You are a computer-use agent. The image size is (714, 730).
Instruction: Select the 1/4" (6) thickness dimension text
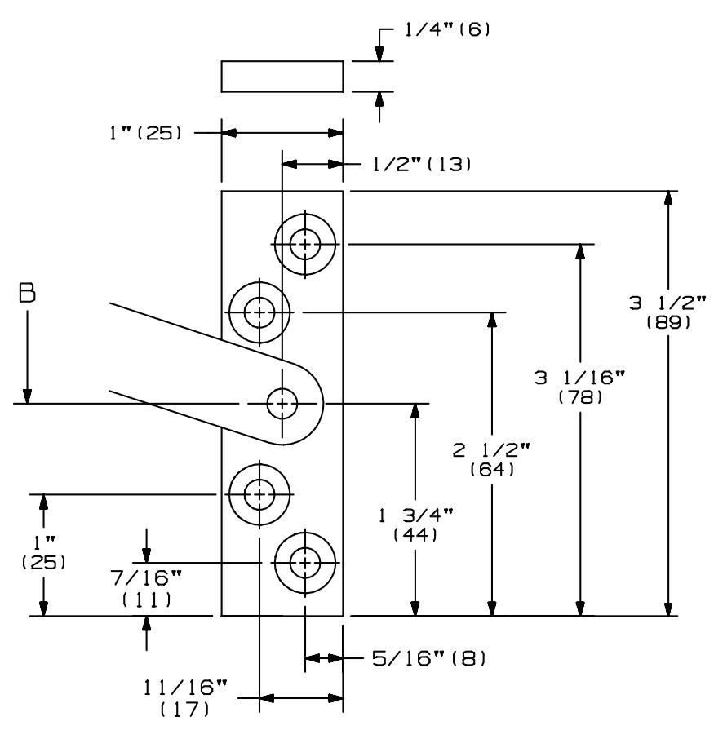point(447,30)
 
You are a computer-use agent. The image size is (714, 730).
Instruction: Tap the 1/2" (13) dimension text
point(422,164)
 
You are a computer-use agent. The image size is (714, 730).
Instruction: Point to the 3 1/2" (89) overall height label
point(667,312)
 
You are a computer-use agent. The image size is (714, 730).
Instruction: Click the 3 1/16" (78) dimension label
point(580,387)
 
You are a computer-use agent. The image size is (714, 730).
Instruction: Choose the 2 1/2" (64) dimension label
point(492,459)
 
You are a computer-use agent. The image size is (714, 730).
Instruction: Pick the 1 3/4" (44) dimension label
point(415,524)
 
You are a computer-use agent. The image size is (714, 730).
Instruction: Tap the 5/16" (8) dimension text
point(428,658)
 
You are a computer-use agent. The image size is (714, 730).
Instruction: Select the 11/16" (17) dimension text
point(185,698)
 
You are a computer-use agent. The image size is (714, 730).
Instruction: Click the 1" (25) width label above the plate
point(145,133)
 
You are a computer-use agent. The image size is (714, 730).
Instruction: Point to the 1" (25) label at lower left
point(44,553)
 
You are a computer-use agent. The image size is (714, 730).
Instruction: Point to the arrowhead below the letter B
point(28,396)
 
